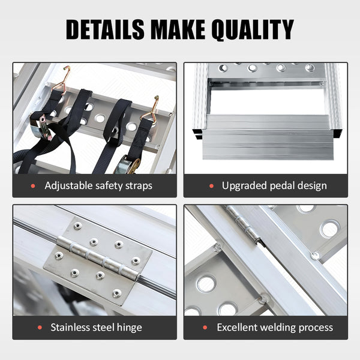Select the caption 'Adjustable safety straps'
[x=98, y=185]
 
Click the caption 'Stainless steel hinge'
[x=96, y=328]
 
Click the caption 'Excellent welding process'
[x=275, y=328]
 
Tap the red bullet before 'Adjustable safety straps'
[x=33, y=186]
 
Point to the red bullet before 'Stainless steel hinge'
[x=39, y=328]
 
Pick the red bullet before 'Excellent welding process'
[x=205, y=328]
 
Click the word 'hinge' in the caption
[x=129, y=328]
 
